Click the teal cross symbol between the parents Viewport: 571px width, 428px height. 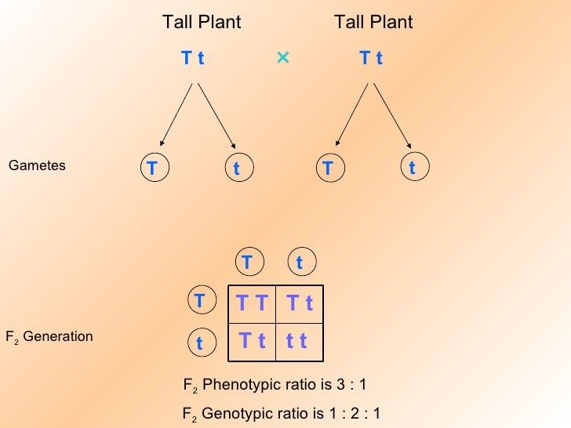tap(283, 58)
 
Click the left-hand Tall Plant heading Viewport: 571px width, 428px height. tap(202, 23)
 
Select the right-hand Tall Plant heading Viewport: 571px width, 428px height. tap(373, 23)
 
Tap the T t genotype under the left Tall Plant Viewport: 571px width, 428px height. tap(193, 59)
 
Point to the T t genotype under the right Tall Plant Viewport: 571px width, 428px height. tap(371, 59)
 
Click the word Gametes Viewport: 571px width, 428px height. tap(37, 166)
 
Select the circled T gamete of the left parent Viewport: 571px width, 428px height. tap(152, 169)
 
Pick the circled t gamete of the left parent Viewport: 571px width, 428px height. tap(235, 169)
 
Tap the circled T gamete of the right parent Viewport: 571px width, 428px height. tap(328, 169)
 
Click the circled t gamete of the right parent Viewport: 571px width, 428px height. tap(412, 169)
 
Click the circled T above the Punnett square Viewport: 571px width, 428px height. tap(247, 262)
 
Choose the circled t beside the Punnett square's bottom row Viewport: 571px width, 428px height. tap(200, 343)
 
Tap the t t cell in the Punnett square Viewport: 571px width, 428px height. tap(296, 341)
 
